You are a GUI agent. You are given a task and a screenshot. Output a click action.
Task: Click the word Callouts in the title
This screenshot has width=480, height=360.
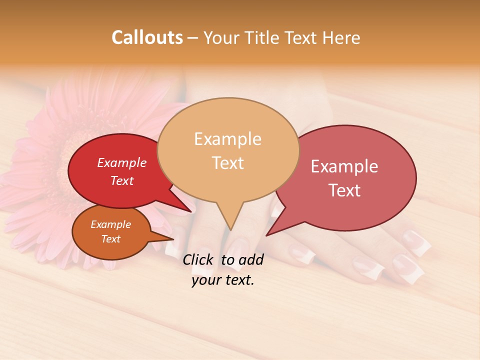pos(147,38)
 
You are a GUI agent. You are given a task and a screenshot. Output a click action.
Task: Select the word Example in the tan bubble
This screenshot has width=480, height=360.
pos(227,139)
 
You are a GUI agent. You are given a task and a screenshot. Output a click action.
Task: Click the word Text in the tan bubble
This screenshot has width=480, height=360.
pos(227,163)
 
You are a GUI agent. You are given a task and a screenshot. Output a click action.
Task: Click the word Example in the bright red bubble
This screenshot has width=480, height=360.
pos(121,163)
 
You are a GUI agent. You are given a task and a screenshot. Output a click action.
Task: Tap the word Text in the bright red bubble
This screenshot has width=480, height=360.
pos(121,180)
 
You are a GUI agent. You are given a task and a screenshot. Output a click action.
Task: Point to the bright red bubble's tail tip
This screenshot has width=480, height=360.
pos(191,211)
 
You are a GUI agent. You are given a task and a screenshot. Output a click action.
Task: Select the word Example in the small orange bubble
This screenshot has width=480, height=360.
pos(110,224)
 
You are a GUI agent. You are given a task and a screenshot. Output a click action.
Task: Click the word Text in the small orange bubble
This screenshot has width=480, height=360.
pos(110,239)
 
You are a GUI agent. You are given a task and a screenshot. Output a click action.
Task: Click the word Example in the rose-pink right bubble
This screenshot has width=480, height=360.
pos(344,166)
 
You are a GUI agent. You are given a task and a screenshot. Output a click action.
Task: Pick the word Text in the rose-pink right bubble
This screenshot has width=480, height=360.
pos(344,190)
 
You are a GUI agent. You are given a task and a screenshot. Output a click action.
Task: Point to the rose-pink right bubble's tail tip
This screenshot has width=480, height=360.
pos(266,235)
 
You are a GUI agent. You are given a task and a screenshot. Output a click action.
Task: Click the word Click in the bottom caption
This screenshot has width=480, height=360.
pos(199,259)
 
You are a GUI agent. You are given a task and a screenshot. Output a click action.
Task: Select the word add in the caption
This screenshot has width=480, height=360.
pos(251,259)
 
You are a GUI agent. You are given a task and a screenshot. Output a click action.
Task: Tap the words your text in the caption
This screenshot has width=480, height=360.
pos(222,280)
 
